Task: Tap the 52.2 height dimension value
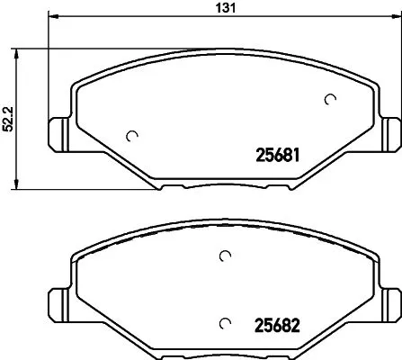pyautogui.click(x=8, y=116)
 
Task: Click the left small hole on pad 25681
pyautogui.click(x=133, y=137)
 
